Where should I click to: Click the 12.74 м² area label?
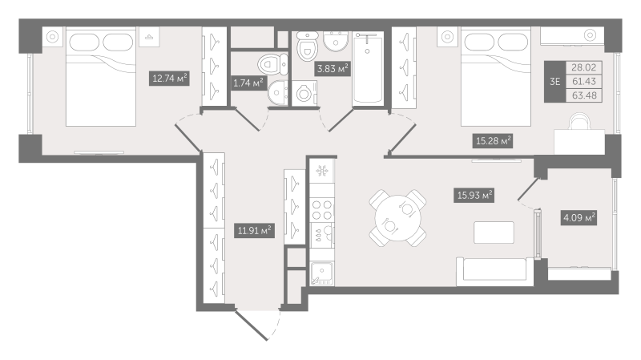tap(170, 78)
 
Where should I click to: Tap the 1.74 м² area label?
tap(248, 82)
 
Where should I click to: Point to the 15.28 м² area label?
tap(494, 141)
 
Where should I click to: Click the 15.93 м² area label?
tap(474, 195)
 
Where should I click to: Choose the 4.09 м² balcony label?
tap(579, 217)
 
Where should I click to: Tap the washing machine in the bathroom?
tap(304, 94)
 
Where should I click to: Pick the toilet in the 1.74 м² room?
tap(271, 63)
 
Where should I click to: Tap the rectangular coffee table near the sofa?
tap(494, 232)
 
